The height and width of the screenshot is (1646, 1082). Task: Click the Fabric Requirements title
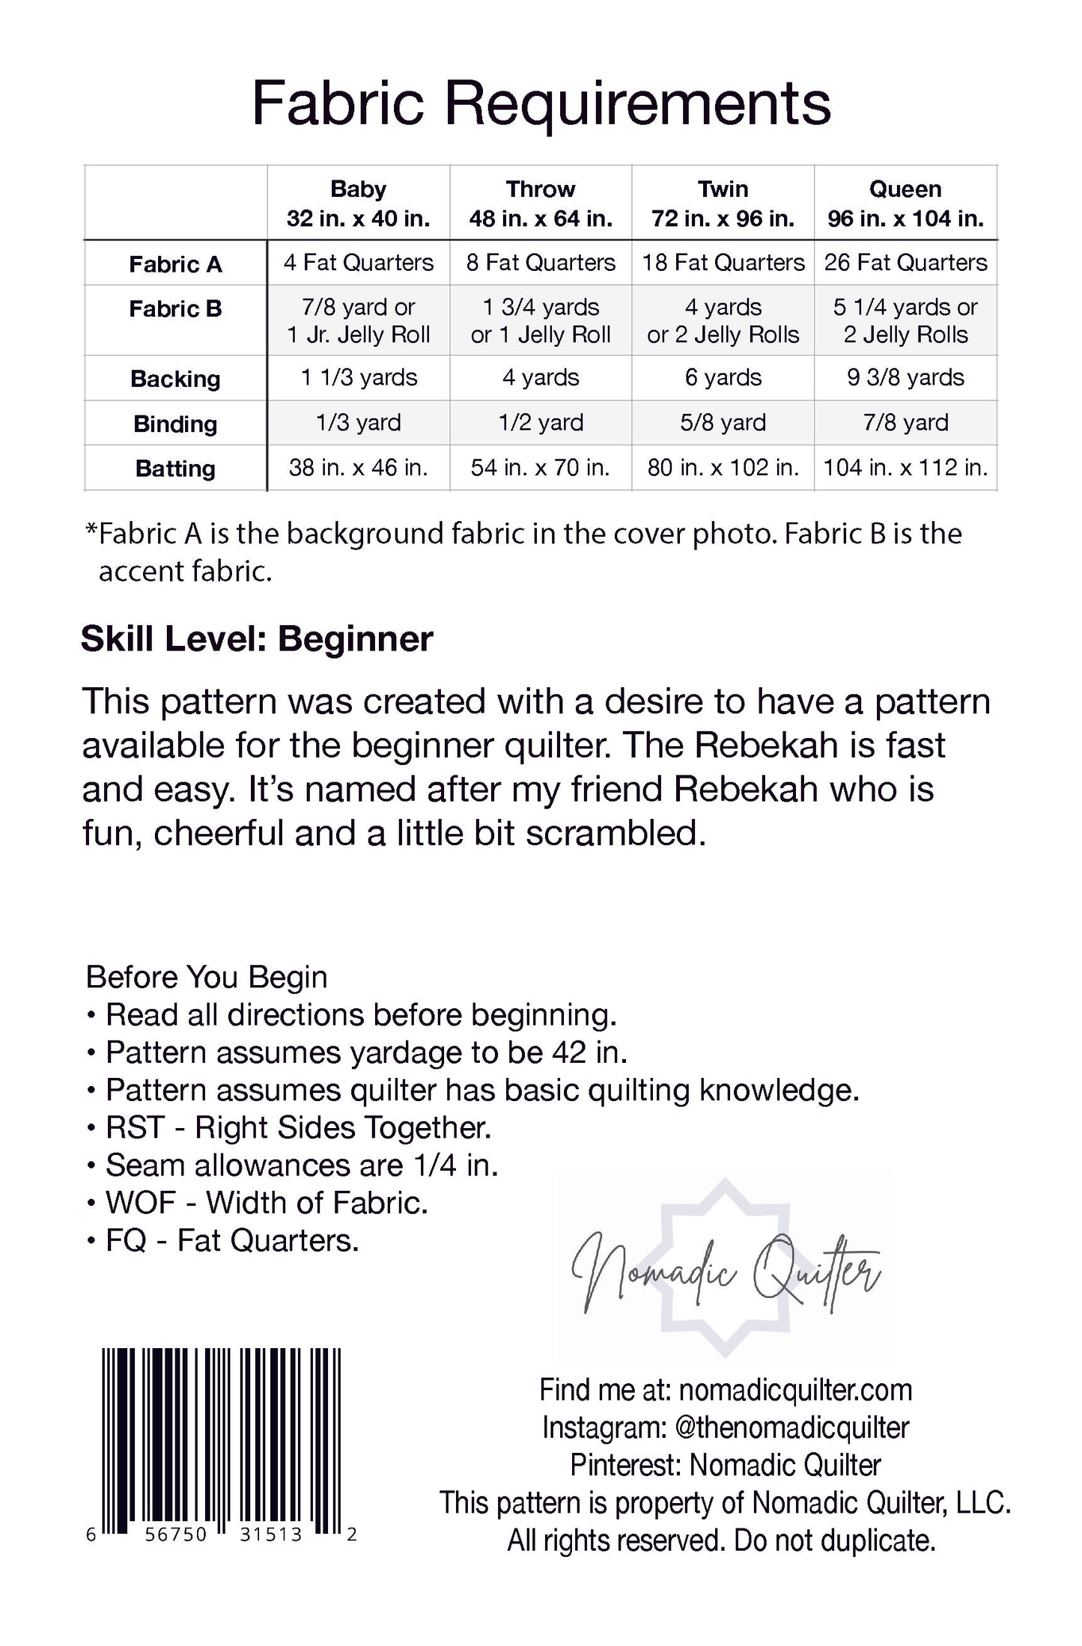[541, 103]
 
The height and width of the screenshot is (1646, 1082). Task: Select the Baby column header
[358, 203]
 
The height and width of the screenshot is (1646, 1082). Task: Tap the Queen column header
[905, 203]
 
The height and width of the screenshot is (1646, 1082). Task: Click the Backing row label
[175, 379]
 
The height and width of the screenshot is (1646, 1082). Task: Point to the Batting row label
[175, 469]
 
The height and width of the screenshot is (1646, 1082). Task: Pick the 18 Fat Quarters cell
[723, 263]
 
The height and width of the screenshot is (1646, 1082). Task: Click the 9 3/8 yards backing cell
[905, 377]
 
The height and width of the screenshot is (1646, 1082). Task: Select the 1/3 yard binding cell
[358, 423]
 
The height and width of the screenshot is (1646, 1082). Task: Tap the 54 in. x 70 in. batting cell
[540, 468]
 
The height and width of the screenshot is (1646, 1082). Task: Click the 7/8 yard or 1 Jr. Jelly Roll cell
[358, 320]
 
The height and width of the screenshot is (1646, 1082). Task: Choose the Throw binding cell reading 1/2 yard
[540, 423]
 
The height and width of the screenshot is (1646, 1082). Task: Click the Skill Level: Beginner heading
[257, 639]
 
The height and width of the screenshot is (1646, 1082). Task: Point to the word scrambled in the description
[616, 834]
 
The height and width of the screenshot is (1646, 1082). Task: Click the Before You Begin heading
[207, 977]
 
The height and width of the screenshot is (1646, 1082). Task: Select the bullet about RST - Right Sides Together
[297, 1127]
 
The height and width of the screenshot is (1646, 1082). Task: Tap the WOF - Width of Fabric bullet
[266, 1202]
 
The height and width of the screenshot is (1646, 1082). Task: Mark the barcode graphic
[222, 1439]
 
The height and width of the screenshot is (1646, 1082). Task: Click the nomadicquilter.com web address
[795, 1390]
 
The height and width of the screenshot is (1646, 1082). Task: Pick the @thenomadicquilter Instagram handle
[791, 1427]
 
